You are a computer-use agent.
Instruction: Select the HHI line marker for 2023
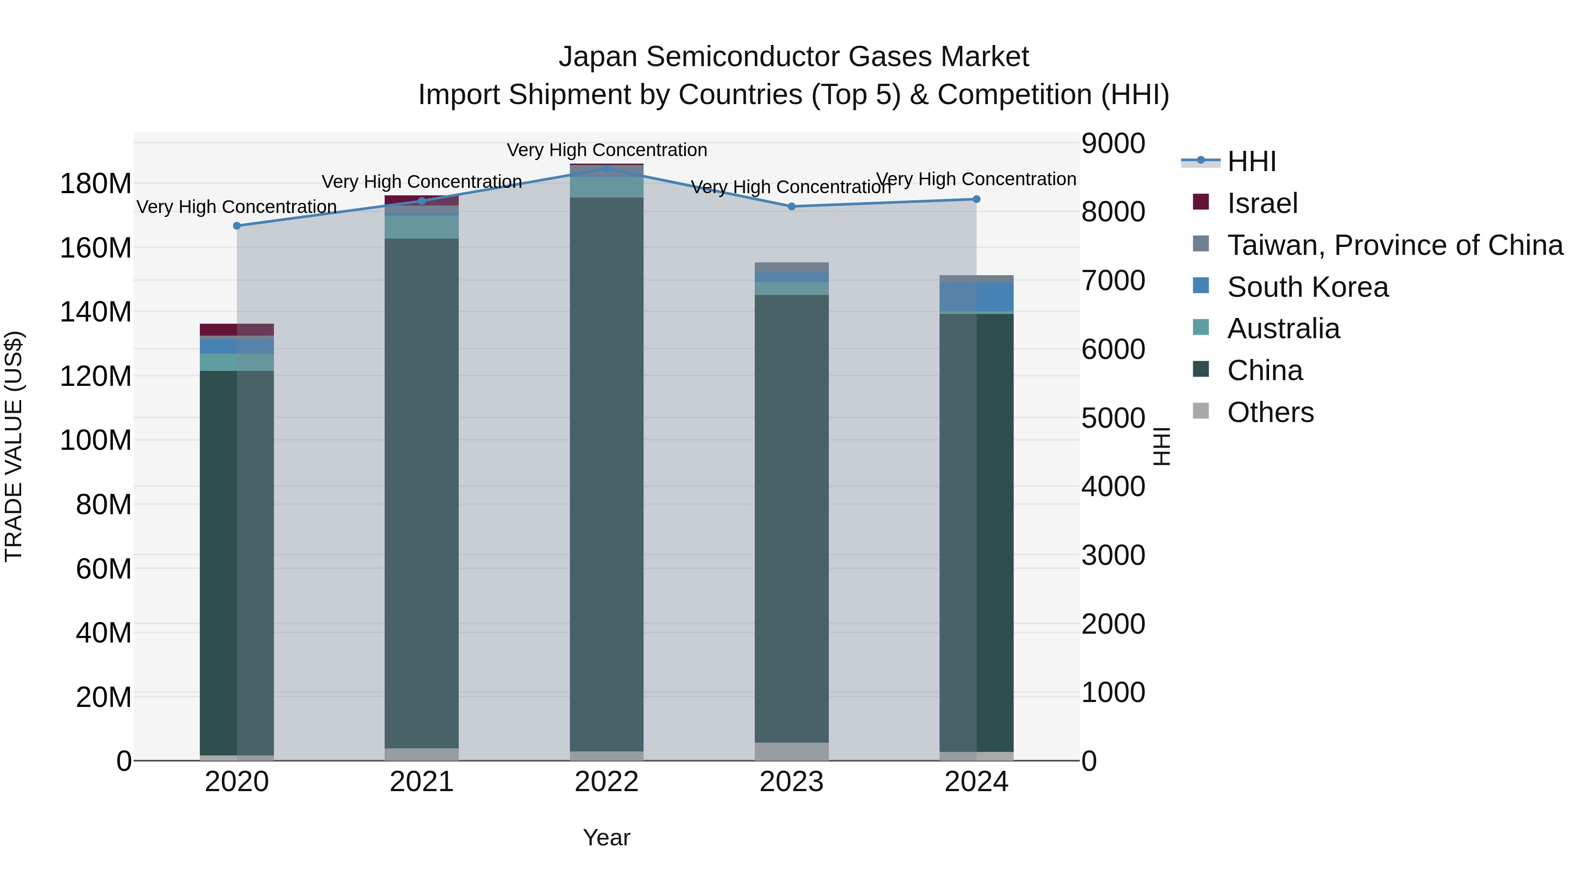coord(791,206)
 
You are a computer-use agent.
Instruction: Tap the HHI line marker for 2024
coord(977,199)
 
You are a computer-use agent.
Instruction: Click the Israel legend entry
coord(1262,203)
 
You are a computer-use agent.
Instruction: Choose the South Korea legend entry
coord(1307,287)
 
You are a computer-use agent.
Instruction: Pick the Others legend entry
coord(1270,412)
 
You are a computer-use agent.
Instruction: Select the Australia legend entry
coord(1283,329)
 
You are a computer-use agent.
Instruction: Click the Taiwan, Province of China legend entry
coord(1394,245)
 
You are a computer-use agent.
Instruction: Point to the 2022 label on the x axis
coord(607,782)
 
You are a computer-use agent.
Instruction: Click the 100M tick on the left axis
coord(96,441)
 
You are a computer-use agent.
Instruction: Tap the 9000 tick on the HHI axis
coord(1113,144)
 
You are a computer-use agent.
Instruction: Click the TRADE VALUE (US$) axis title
coord(14,446)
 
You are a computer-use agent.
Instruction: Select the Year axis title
coord(607,837)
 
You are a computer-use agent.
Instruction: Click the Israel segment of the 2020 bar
coord(237,330)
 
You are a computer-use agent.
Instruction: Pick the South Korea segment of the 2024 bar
coord(977,297)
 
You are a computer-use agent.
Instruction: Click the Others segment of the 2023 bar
coord(791,751)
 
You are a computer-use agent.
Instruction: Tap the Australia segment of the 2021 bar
coord(422,227)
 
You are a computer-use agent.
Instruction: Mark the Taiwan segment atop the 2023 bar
coord(791,268)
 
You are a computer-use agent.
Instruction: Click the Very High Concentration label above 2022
coord(607,150)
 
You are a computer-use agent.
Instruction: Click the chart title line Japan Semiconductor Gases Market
coord(794,57)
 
